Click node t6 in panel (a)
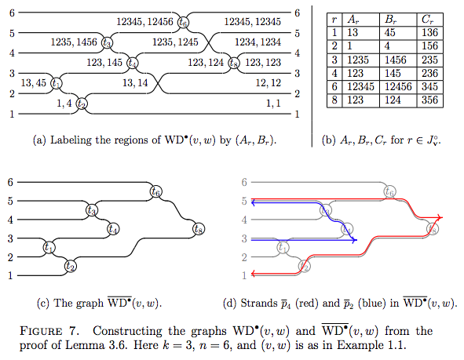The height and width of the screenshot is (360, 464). [x=183, y=22]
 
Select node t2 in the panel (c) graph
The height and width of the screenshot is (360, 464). [x=71, y=266]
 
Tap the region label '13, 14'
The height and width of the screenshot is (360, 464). [x=135, y=83]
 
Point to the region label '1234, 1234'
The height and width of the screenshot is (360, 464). [x=258, y=42]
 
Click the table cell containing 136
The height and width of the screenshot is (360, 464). [x=429, y=32]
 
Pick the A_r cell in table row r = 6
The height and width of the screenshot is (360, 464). [x=360, y=87]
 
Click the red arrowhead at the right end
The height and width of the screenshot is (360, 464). [x=440, y=217]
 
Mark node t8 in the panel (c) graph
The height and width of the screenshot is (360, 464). [x=199, y=229]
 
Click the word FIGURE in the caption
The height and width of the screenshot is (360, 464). [x=41, y=331]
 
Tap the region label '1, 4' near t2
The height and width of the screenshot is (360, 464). [x=64, y=104]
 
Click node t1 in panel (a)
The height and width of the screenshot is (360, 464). [x=57, y=83]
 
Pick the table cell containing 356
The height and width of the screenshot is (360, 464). [x=429, y=100]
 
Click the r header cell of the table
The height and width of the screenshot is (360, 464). [x=334, y=20]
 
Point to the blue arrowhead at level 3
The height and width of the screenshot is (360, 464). [x=355, y=240]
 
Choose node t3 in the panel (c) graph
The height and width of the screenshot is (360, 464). [x=92, y=210]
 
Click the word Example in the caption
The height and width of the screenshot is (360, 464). [x=360, y=345]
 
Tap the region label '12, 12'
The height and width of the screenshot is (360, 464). [x=268, y=83]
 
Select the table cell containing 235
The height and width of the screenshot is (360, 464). [x=429, y=60]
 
